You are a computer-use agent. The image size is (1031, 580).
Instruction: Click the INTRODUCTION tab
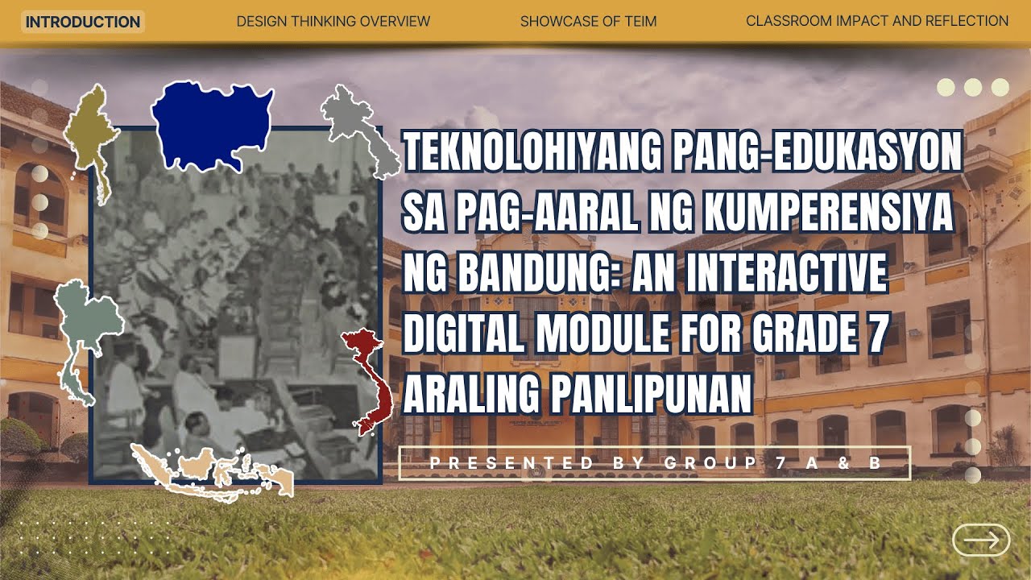point(82,22)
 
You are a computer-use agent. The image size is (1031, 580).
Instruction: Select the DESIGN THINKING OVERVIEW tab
point(333,22)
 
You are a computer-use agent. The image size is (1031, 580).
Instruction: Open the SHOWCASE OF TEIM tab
point(588,22)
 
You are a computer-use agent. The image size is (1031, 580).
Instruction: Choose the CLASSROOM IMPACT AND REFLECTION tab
point(877,22)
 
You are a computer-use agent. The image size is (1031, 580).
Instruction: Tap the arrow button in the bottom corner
point(980,540)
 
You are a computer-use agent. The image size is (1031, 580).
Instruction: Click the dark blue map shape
point(211,123)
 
